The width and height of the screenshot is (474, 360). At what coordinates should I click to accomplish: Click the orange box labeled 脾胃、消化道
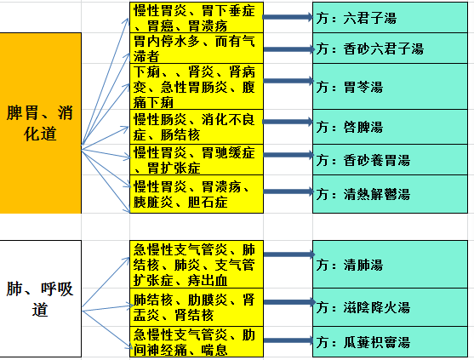pyautogui.click(x=40, y=123)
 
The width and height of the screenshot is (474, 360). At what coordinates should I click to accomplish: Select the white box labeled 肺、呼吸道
pyautogui.click(x=40, y=299)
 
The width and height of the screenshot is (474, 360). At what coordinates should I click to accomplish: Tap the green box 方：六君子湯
pyautogui.click(x=390, y=18)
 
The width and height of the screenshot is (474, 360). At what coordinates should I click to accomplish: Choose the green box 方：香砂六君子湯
pyautogui.click(x=390, y=49)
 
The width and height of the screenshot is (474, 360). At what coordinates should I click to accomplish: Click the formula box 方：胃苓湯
pyautogui.click(x=390, y=87)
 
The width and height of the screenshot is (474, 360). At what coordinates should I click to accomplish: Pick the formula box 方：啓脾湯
pyautogui.click(x=390, y=127)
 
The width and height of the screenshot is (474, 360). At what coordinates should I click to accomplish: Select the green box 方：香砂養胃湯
pyautogui.click(x=390, y=160)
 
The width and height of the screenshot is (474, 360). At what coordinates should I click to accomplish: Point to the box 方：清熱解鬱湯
pyautogui.click(x=390, y=194)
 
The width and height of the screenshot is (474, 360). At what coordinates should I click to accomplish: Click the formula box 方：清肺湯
pyautogui.click(x=390, y=265)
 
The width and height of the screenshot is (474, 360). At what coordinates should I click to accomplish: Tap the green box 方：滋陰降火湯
pyautogui.click(x=390, y=307)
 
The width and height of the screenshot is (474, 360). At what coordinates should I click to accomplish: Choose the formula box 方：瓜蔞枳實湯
pyautogui.click(x=390, y=342)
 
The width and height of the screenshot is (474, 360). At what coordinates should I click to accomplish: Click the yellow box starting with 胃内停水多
pyautogui.click(x=197, y=49)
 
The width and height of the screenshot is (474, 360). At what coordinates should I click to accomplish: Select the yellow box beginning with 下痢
pyautogui.click(x=197, y=87)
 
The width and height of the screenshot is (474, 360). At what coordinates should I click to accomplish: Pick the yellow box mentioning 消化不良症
pyautogui.click(x=197, y=127)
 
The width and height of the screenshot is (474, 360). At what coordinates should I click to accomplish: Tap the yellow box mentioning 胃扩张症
pyautogui.click(x=197, y=160)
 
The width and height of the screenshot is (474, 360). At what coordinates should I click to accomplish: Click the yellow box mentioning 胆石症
pyautogui.click(x=197, y=194)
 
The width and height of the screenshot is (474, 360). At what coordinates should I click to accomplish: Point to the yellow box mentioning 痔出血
pyautogui.click(x=197, y=265)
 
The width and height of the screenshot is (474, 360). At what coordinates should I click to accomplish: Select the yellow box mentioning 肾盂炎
pyautogui.click(x=197, y=307)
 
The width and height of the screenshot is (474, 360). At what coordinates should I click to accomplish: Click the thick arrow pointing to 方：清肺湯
pyautogui.click(x=289, y=254)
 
